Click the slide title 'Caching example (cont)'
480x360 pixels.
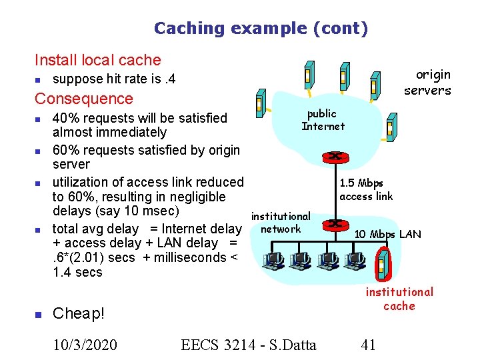tap(261, 28)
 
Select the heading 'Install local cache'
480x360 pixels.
tap(97, 60)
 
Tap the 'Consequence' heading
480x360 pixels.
tap(84, 99)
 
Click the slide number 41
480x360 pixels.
tap(368, 344)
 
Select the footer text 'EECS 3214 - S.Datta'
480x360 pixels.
tap(249, 344)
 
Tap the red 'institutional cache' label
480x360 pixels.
tap(399, 299)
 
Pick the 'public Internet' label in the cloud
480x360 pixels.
tap(323, 120)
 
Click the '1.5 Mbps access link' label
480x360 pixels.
tap(366, 189)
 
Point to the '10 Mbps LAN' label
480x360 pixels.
tap(387, 234)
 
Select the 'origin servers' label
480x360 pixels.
tap(427, 83)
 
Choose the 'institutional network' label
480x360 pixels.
tap(281, 223)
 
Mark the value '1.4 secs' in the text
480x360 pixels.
tap(77, 272)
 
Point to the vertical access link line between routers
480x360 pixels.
tap(333, 191)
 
